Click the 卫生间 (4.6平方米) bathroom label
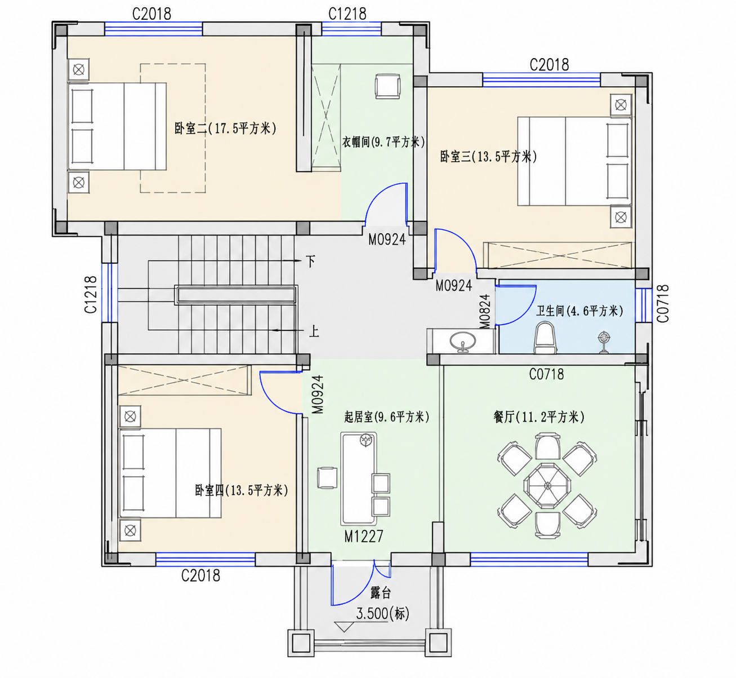click(579, 311)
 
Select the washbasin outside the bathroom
click(463, 342)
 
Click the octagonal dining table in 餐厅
click(547, 486)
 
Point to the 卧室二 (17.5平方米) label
click(225, 128)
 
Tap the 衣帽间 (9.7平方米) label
click(383, 142)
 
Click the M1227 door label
click(364, 537)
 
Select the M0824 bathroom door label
click(485, 312)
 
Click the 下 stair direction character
click(310, 262)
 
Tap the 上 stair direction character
click(314, 331)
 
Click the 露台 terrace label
click(381, 592)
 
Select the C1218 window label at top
click(347, 14)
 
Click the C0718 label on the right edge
click(662, 304)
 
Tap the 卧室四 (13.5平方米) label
click(242, 490)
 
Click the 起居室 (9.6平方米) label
click(387, 417)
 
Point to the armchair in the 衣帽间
click(387, 86)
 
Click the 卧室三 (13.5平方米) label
click(489, 157)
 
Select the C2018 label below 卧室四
click(200, 575)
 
